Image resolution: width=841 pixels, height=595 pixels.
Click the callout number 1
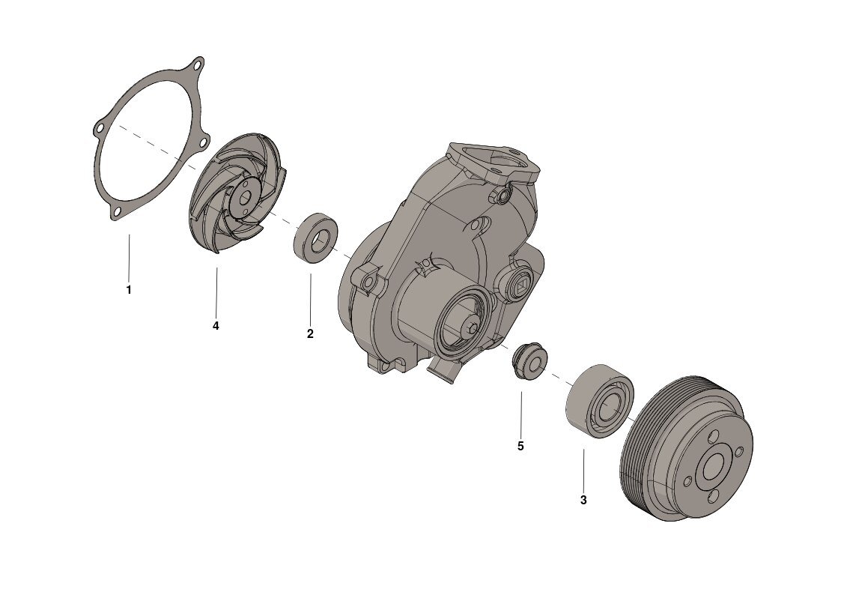pyautogui.click(x=129, y=290)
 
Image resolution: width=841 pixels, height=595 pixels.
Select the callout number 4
pyautogui.click(x=216, y=326)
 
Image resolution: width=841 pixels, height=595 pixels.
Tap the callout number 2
pyautogui.click(x=310, y=333)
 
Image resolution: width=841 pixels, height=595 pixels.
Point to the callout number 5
pyautogui.click(x=520, y=446)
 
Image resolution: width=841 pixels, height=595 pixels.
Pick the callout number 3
pyautogui.click(x=583, y=500)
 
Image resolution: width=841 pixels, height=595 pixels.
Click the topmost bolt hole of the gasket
pyautogui.click(x=197, y=65)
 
